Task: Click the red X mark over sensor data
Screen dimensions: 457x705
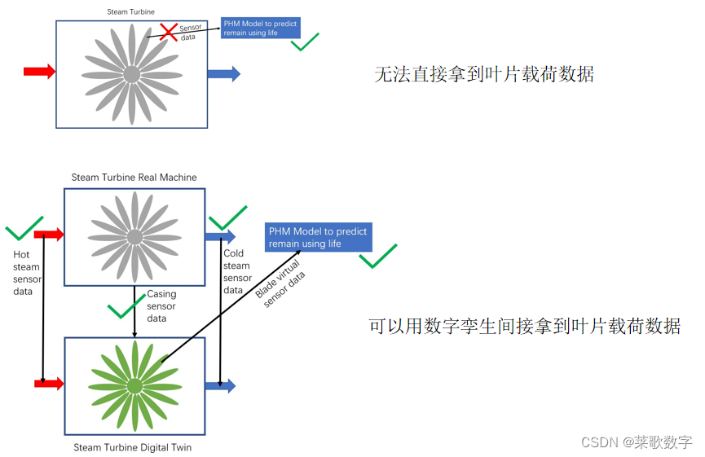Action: point(169,32)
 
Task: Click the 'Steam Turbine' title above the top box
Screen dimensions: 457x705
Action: point(131,11)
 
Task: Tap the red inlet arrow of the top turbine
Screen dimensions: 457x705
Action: point(39,72)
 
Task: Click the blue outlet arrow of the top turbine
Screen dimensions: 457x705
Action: point(223,74)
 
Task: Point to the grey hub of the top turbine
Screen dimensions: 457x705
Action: point(131,74)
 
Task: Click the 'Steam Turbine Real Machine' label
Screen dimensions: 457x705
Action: point(134,178)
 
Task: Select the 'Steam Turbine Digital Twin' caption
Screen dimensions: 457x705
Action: point(133,447)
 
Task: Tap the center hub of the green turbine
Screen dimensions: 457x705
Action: point(134,384)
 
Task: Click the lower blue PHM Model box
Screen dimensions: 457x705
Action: point(319,237)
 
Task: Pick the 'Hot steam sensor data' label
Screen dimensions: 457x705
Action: point(27,273)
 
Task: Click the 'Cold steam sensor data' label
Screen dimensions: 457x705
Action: point(236,272)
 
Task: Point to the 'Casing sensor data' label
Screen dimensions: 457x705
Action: point(161,306)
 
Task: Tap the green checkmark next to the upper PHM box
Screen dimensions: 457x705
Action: point(305,42)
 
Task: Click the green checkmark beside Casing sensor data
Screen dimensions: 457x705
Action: point(126,307)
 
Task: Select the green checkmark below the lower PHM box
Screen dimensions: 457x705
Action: point(378,257)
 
